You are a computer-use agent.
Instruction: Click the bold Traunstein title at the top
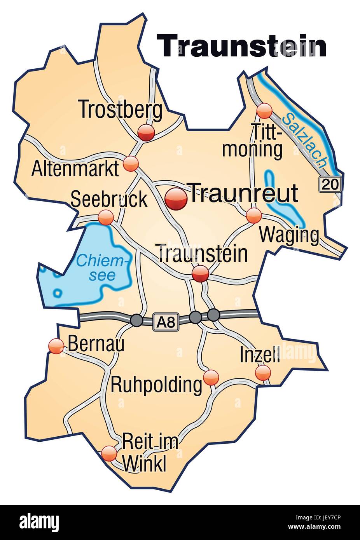click(x=241, y=46)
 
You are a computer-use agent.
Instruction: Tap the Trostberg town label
click(x=121, y=110)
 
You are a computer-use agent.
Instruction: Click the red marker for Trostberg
click(x=147, y=133)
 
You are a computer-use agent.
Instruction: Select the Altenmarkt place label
click(x=75, y=169)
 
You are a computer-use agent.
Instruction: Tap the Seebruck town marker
click(x=105, y=217)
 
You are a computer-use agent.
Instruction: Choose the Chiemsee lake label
click(x=102, y=268)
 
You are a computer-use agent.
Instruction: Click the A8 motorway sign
click(x=166, y=322)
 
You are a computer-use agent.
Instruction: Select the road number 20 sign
click(x=330, y=184)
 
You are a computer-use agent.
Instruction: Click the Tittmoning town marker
click(x=264, y=111)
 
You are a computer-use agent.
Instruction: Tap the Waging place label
click(x=289, y=235)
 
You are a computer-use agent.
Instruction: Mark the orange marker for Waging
click(x=254, y=215)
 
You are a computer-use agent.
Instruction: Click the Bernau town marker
click(x=56, y=346)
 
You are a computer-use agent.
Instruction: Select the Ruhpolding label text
click(x=156, y=385)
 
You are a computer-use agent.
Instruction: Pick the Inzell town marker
click(x=263, y=373)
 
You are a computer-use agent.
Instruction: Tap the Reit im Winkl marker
click(x=109, y=453)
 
